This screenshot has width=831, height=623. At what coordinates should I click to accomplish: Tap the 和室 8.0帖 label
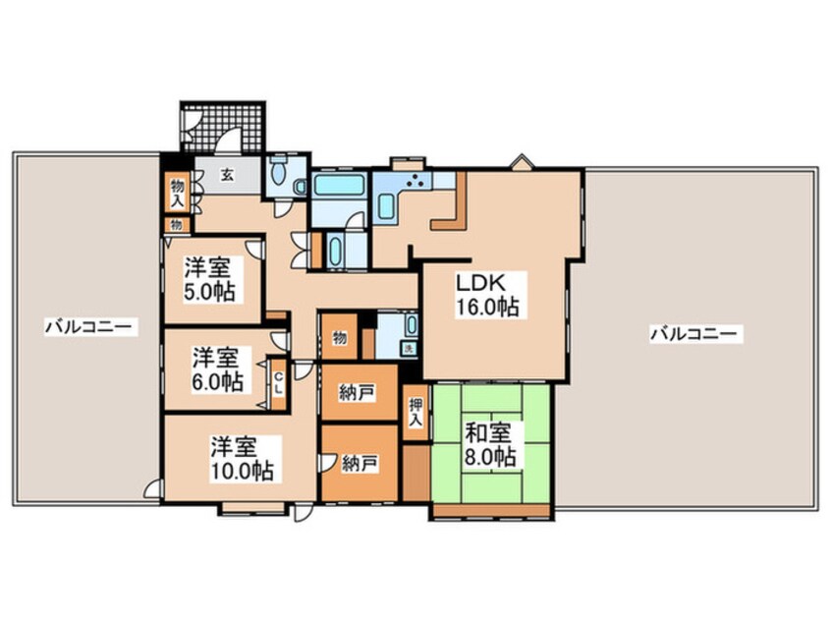pyautogui.click(x=490, y=444)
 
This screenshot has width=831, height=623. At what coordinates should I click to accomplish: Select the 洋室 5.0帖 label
pyautogui.click(x=209, y=279)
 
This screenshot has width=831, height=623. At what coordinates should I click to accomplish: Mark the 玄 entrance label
pyautogui.click(x=227, y=175)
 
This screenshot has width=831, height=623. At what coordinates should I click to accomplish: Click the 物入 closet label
pyautogui.click(x=177, y=194)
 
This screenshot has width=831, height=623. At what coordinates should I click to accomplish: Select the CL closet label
pyautogui.click(x=278, y=383)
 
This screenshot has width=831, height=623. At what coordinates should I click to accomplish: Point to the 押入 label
pyautogui.click(x=416, y=413)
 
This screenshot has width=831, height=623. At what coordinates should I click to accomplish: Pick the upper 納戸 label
pyautogui.click(x=358, y=392)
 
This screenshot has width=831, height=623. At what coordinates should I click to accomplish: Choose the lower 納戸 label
pyautogui.click(x=360, y=464)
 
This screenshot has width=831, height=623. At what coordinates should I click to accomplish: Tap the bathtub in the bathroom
pyautogui.click(x=339, y=186)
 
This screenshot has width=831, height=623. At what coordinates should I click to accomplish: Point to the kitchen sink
pyautogui.click(x=387, y=206)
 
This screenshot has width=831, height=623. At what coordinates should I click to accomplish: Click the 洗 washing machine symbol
pyautogui.click(x=409, y=349)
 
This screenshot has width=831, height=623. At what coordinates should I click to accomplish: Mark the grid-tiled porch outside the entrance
pyautogui.click(x=222, y=127)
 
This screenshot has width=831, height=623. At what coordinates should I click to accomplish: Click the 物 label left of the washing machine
pyautogui.click(x=340, y=338)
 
